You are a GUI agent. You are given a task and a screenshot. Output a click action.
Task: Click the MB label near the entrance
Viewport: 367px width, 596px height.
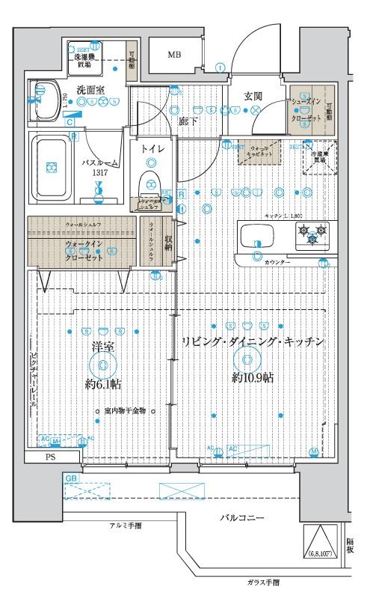pos(173,55)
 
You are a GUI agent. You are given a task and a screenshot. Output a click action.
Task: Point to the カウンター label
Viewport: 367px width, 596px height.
pos(277,263)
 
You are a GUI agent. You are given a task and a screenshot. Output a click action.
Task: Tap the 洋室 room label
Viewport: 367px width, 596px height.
pos(102,347)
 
